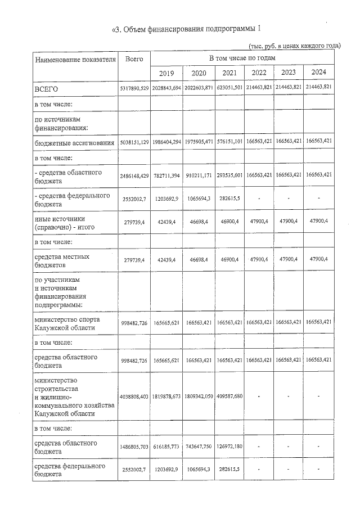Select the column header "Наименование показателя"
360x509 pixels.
click(75, 58)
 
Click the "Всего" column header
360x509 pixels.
click(134, 58)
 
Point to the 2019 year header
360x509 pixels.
click(166, 73)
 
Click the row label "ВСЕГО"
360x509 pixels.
click(47, 89)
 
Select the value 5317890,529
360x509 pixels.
click(134, 89)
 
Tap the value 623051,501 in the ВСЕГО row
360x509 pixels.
click(229, 89)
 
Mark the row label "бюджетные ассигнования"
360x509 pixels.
click(72, 144)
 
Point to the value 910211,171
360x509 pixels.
click(198, 175)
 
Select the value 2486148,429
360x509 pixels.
click(134, 175)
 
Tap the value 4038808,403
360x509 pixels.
click(134, 397)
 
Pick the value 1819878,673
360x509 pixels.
click(166, 397)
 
